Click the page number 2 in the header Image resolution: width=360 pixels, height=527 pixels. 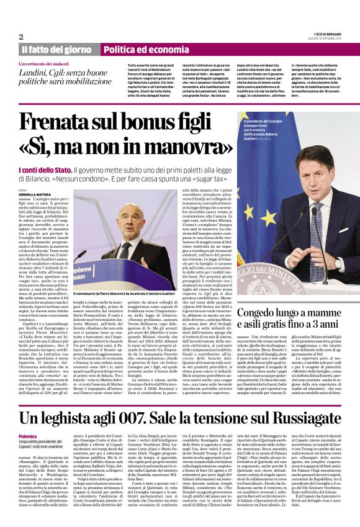[21, 37]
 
